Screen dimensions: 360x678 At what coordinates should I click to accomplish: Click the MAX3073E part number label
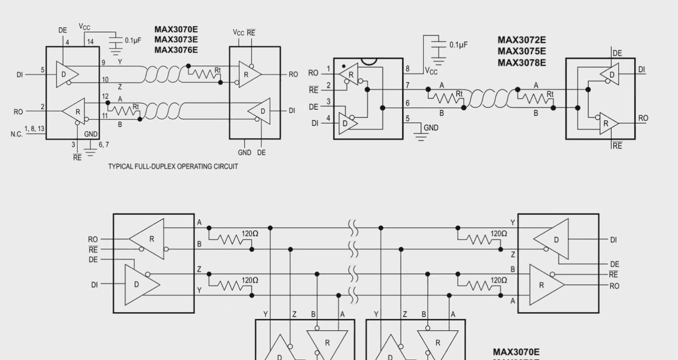(x=176, y=40)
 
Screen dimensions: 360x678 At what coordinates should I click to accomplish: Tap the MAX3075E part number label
(x=521, y=51)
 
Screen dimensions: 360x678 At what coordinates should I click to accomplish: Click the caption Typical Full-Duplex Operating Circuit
(x=173, y=166)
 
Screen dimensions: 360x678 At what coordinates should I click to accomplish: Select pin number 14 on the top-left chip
(x=90, y=42)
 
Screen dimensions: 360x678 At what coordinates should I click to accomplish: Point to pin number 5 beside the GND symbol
(x=408, y=119)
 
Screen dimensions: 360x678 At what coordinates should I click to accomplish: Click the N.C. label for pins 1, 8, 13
(x=16, y=134)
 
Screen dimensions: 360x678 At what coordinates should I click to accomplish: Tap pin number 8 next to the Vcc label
(x=407, y=69)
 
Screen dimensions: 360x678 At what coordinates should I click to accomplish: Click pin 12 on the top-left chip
(x=105, y=96)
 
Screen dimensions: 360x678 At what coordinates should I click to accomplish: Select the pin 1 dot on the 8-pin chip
(x=344, y=66)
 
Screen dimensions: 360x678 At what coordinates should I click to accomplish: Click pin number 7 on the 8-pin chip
(x=407, y=85)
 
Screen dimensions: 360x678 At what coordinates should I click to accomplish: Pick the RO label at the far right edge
(x=643, y=118)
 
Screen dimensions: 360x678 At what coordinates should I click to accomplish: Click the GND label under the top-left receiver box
(x=244, y=152)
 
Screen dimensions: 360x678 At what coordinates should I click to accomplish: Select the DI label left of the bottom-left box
(x=94, y=285)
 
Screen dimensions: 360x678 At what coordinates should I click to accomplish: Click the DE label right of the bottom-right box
(x=614, y=264)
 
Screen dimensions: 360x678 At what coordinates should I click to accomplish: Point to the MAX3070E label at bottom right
(x=516, y=352)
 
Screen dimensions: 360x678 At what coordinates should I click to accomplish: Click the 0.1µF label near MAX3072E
(x=458, y=45)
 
